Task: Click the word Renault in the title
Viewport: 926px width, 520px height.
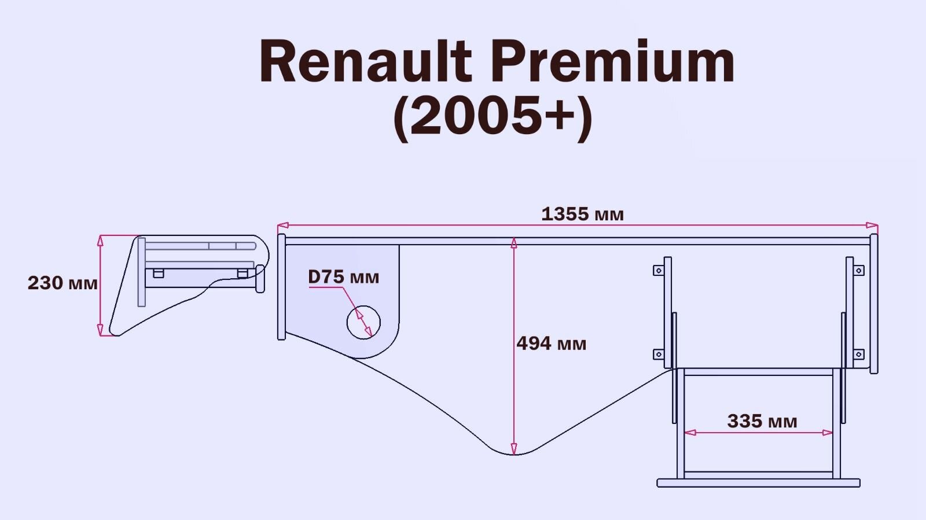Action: (x=366, y=62)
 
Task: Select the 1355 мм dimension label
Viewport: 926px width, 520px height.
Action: (x=582, y=215)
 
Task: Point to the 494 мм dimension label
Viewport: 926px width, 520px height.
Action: (x=551, y=344)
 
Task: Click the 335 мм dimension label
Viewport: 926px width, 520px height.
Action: (x=762, y=421)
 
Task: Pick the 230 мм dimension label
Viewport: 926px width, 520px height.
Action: (x=63, y=283)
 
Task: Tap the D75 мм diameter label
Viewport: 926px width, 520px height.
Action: (x=343, y=277)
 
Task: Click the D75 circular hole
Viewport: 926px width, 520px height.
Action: (x=363, y=322)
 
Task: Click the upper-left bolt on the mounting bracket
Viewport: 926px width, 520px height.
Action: (x=659, y=270)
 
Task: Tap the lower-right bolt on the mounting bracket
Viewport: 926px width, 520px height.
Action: (x=859, y=354)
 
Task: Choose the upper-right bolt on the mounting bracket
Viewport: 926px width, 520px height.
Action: (x=859, y=270)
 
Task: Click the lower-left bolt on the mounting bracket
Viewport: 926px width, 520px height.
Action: (x=659, y=354)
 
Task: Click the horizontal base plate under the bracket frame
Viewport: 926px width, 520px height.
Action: (x=758, y=483)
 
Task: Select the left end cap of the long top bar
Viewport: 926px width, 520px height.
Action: (x=281, y=287)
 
